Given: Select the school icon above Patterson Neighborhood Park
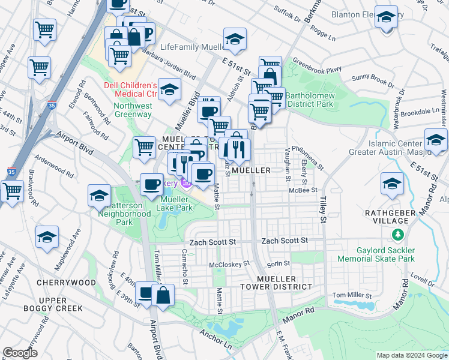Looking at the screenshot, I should [99, 196].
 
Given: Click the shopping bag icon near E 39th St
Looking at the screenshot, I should [163, 295].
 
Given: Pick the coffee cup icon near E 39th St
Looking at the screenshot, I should [146, 293].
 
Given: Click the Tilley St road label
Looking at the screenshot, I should [323, 209].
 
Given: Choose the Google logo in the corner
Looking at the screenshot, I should [20, 353].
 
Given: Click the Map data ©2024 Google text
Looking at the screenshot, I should [411, 355].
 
